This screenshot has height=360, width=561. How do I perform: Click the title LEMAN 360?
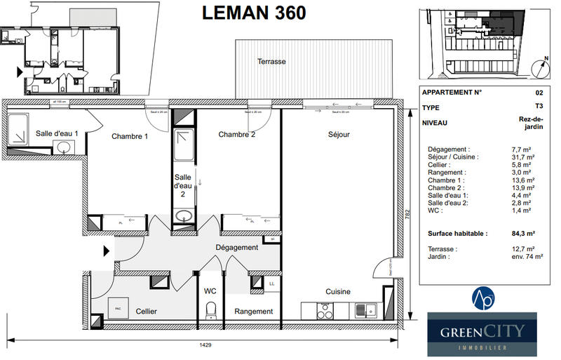tap(254, 13)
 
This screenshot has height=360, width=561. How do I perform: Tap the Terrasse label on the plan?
tap(271, 62)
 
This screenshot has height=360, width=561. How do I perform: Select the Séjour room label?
tap(338, 135)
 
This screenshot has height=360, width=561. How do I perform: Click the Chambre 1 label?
tap(130, 136)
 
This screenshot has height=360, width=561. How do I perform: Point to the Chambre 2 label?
tap(236, 135)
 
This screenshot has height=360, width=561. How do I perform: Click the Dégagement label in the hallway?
tap(236, 247)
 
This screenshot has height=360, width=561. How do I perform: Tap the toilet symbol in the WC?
tap(209, 309)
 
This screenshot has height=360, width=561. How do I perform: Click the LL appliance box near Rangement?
tap(271, 284)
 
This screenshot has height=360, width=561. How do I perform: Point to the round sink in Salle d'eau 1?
tap(64, 147)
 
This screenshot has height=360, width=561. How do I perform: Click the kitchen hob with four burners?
tap(324, 309)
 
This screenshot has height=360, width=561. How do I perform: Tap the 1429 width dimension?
tap(205, 345)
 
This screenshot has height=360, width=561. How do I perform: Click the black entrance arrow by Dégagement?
tap(106, 250)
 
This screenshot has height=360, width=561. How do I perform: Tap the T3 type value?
tap(539, 107)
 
